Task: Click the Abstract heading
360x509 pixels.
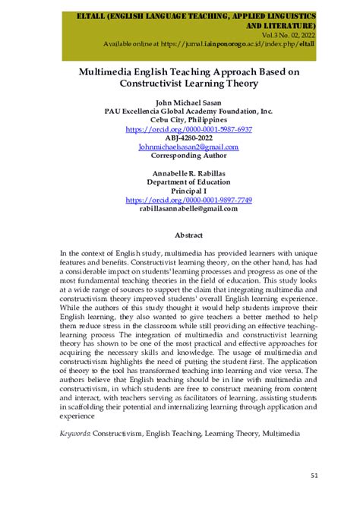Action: (x=188, y=236)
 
